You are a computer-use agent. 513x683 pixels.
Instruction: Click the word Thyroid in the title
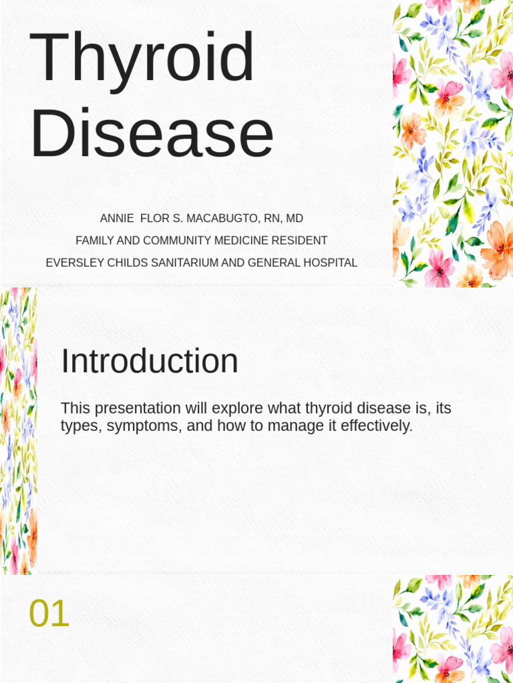[x=142, y=59]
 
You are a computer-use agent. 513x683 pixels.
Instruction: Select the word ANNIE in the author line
[x=117, y=219]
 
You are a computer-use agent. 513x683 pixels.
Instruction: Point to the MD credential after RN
[x=295, y=219]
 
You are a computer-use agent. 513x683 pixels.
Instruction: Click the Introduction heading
[x=150, y=362]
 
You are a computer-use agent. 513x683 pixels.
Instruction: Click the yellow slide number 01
[x=49, y=614]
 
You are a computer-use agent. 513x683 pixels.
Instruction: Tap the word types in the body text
[x=79, y=426]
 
